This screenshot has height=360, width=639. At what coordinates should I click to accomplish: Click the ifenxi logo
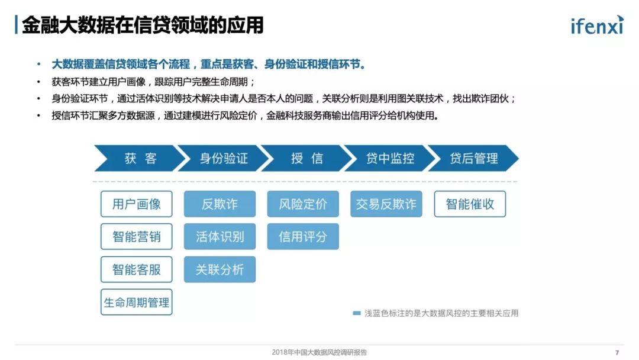597,25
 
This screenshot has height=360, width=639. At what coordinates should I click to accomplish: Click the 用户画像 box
137,204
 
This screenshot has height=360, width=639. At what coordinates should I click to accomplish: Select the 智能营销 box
137,236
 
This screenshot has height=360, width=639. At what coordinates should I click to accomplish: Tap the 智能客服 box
137,269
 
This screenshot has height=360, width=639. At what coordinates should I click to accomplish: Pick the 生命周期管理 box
137,302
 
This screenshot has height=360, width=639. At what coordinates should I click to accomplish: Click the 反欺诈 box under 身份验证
220,204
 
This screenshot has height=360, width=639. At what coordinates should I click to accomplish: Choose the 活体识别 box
220,236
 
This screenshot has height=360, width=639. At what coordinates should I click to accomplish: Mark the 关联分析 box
220,269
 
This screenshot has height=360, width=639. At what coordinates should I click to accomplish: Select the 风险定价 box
303,204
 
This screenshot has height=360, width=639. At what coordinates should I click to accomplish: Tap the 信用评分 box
303,236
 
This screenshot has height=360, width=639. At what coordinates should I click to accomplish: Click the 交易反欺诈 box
386,204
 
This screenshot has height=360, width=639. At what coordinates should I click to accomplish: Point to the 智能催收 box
470,204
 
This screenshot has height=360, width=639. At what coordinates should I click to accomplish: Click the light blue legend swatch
357,313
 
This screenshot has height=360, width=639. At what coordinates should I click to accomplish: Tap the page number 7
617,353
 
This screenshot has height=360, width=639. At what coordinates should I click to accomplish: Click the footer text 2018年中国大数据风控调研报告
319,352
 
